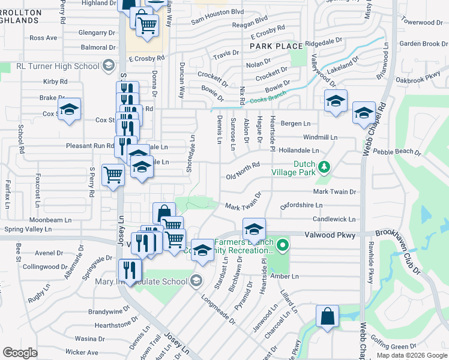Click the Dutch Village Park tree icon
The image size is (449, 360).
coord(324,166)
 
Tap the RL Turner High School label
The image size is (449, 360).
coord(58,66)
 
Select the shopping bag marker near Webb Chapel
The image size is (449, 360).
coord(328,317)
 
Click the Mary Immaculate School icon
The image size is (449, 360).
coord(196,280)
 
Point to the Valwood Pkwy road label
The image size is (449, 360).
coord(330,235)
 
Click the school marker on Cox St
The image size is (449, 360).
coord(70,110)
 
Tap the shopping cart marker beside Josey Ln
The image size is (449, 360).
coord(113,175)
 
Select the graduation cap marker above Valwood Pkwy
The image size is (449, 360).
coord(254,229)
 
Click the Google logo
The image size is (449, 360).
coord(20,352)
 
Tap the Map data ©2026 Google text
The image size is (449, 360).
coord(411,355)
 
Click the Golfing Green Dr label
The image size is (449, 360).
coord(397,346)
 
